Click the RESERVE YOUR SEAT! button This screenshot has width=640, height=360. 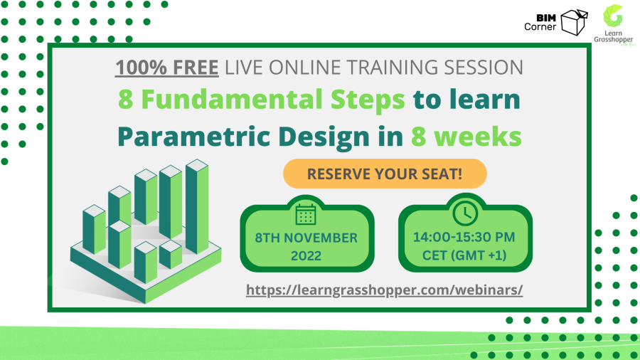[x=385, y=174]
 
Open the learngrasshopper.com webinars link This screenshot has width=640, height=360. [x=385, y=290]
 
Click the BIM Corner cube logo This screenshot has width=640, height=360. [x=574, y=22]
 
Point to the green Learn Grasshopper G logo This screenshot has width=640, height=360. [x=612, y=16]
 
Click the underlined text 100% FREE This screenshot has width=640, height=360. [x=167, y=68]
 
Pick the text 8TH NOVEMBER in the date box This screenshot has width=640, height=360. [x=307, y=238]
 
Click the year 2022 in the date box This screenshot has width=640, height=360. [x=307, y=256]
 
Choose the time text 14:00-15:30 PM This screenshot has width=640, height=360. [x=465, y=238]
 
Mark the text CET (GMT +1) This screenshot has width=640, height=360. [x=465, y=256]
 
